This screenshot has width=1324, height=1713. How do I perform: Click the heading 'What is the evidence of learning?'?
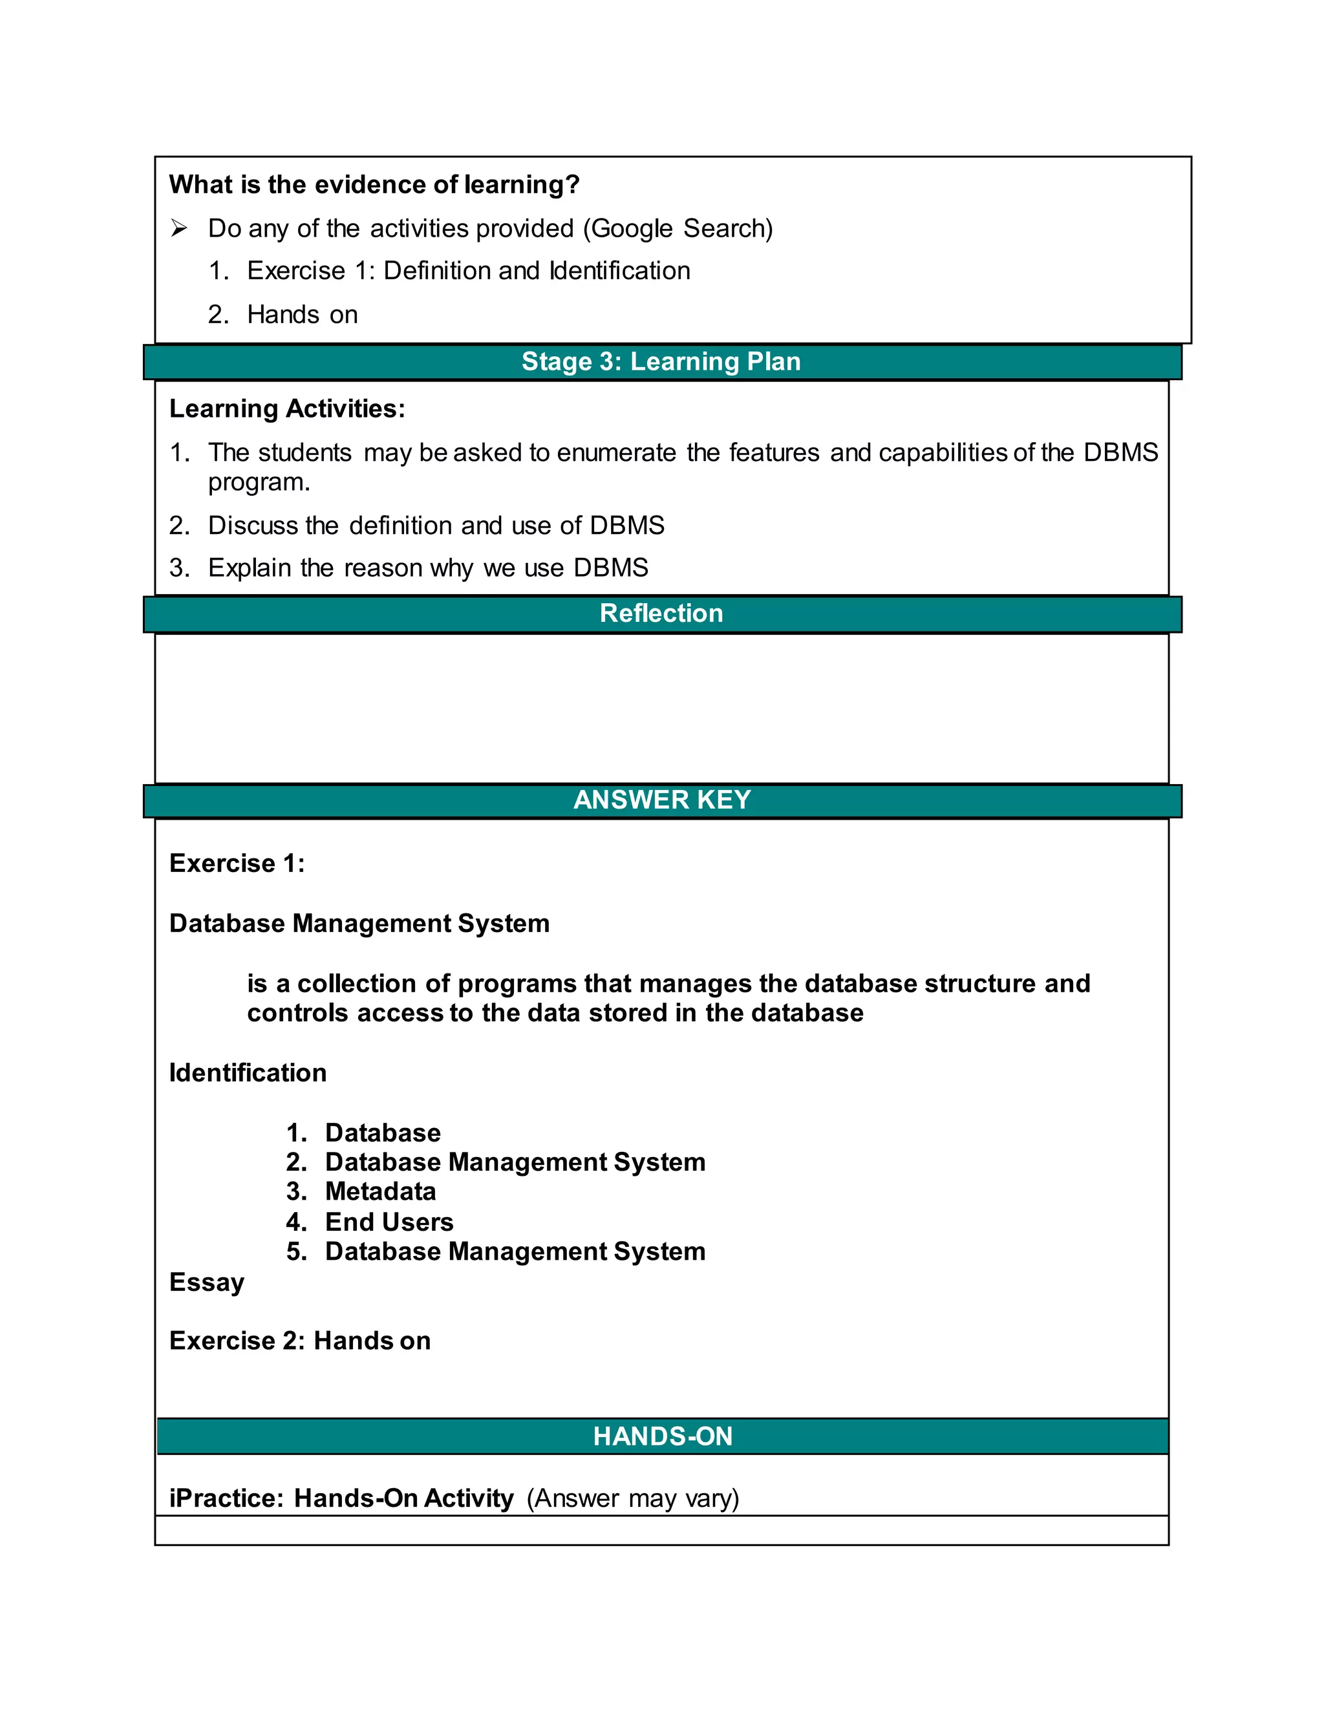click(x=374, y=184)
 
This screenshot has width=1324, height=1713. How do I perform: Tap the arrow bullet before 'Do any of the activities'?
click(x=180, y=228)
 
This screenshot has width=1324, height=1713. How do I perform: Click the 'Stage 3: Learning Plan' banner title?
click(x=661, y=361)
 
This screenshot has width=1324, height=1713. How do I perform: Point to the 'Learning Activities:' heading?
click(x=287, y=409)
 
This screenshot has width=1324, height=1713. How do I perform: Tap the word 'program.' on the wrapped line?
click(x=259, y=482)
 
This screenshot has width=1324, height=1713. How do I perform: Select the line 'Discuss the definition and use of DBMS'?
click(x=436, y=525)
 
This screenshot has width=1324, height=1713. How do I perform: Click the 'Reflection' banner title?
click(x=661, y=613)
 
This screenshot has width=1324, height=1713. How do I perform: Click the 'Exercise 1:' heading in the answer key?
click(x=237, y=863)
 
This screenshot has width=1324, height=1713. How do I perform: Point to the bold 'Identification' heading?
click(x=248, y=1072)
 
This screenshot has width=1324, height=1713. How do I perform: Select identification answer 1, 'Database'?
click(x=383, y=1133)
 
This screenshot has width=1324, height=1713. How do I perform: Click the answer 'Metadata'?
click(x=380, y=1191)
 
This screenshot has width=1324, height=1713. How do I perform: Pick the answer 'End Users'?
click(x=389, y=1222)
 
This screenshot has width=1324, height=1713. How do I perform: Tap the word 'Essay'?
click(x=207, y=1282)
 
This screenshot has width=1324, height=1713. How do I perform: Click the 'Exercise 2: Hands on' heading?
click(x=299, y=1341)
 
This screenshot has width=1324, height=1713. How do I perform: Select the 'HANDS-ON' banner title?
click(x=663, y=1436)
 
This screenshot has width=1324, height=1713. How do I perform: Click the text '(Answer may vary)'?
click(x=632, y=1498)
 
